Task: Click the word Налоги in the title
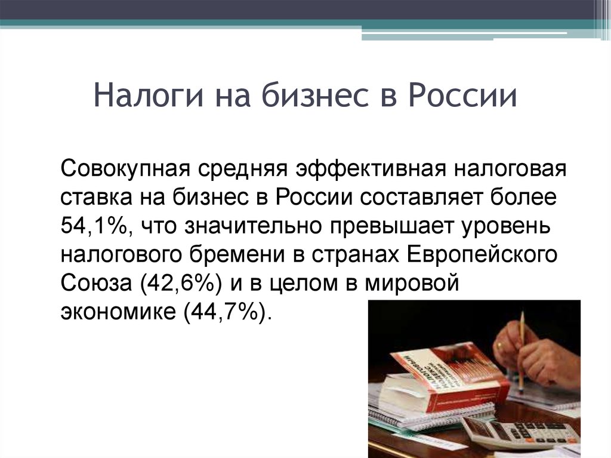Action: (x=149, y=96)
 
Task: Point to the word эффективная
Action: (x=371, y=169)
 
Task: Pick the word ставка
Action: (x=97, y=198)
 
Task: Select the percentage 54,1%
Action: (x=94, y=226)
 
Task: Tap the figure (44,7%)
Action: (x=226, y=311)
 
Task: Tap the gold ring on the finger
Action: (x=499, y=345)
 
